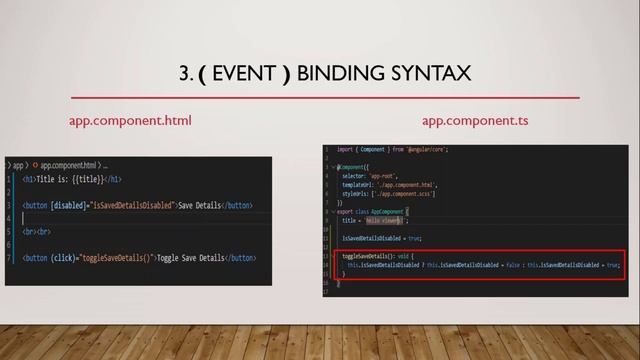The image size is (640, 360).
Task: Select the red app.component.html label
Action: [x=130, y=121]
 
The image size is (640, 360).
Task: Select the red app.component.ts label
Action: [x=475, y=121]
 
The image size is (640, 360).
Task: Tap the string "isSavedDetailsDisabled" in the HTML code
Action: [x=132, y=206]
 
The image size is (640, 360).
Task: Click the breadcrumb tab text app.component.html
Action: [x=69, y=164]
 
